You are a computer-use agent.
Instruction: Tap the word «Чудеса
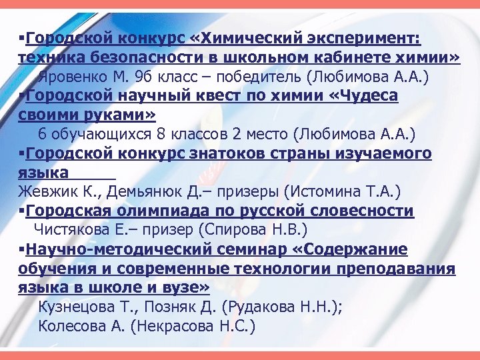point(365,96)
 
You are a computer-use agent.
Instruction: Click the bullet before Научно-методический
point(23,250)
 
